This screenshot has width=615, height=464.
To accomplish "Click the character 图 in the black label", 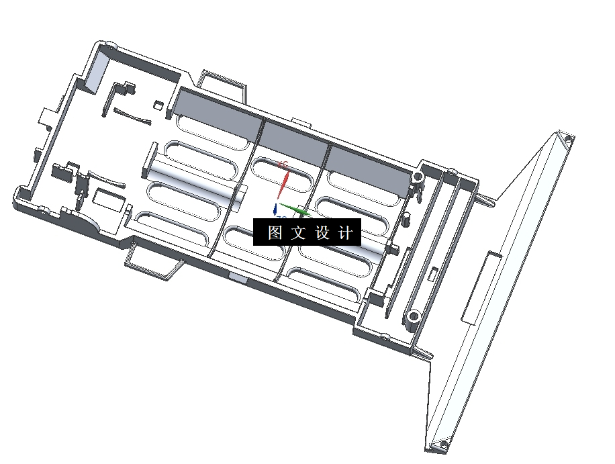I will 275,233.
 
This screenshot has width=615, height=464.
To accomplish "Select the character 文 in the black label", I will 299,233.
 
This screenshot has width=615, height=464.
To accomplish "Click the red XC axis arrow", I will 285,180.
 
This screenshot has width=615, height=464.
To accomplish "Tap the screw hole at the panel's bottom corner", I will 442,444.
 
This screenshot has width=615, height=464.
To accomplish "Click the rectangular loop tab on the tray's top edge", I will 222,82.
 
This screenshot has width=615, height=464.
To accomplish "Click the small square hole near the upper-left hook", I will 158,105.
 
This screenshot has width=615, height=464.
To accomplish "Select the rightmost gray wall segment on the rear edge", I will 368,171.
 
